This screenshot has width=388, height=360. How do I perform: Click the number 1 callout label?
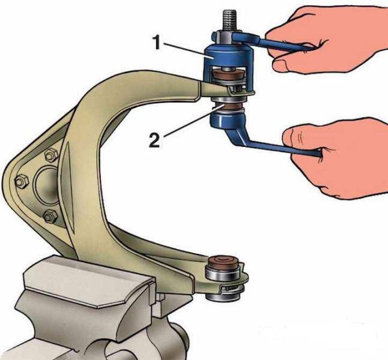click(157, 42)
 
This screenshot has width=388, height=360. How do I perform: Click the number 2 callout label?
click(154, 140)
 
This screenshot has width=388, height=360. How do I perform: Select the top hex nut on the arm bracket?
click(51, 155)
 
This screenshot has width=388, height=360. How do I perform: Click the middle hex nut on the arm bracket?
click(22, 181)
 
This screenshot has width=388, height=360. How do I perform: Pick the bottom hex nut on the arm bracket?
click(50, 217)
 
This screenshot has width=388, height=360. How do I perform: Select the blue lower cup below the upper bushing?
click(227, 119)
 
